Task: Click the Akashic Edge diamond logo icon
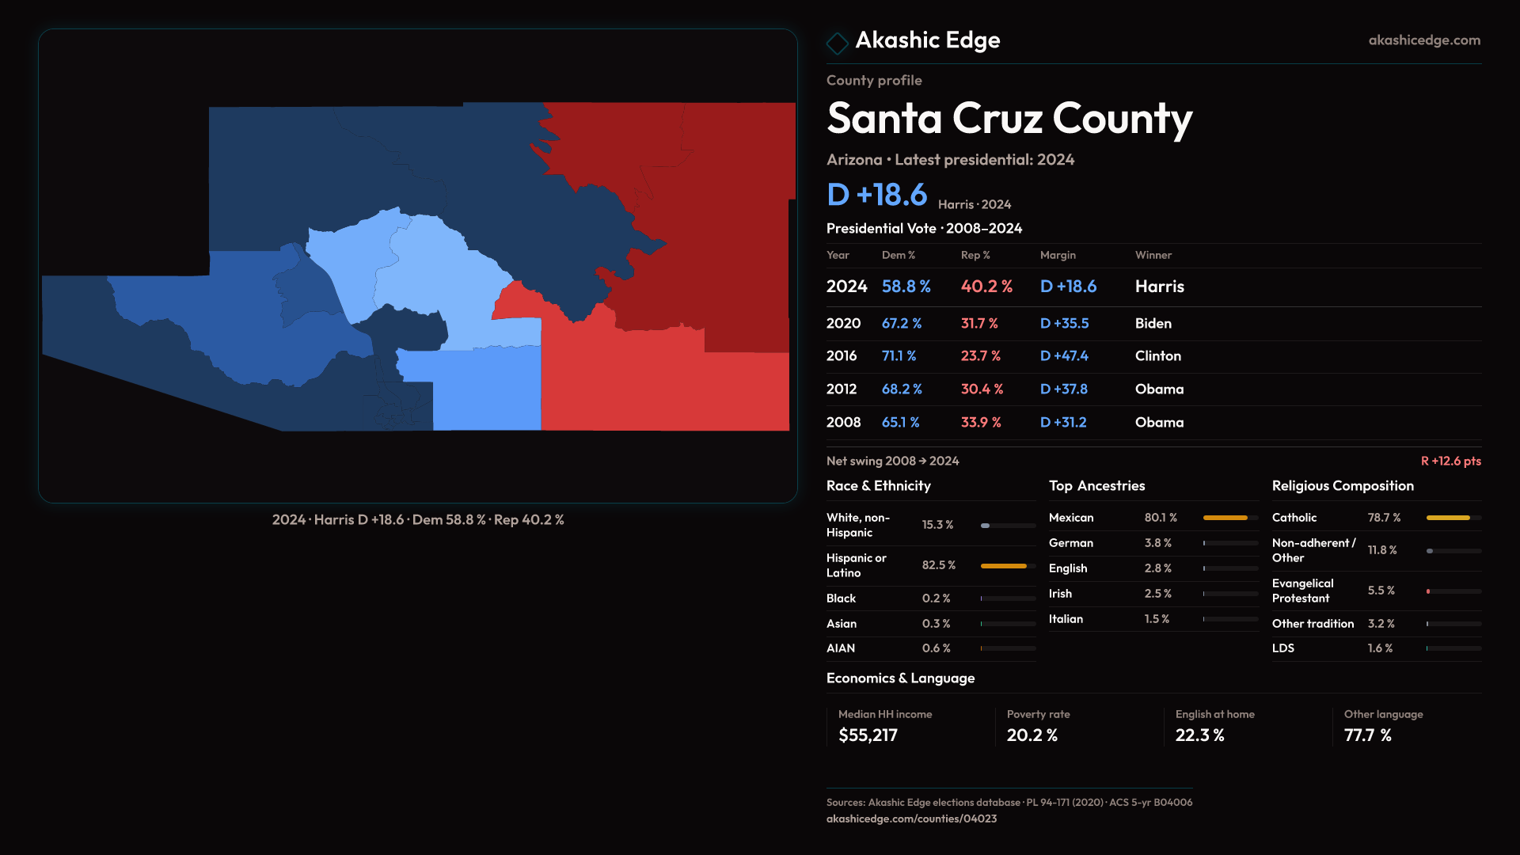837,43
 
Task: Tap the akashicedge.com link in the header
1423,40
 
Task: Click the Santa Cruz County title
1009,119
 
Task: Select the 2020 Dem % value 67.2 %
901,324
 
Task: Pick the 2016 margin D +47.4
1063,356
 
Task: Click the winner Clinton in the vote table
1157,356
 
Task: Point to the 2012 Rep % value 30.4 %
982,389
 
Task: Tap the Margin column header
1058,255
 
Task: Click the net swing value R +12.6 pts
1450,461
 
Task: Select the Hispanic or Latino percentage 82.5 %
938,565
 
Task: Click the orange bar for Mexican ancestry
1225,518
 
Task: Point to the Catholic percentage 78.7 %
1384,518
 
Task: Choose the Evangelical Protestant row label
1302,591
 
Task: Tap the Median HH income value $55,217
868,735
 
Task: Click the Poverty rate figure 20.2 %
1032,735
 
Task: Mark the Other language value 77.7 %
1367,735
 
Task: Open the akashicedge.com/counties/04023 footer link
911,819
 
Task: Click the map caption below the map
418,520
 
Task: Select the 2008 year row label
843,423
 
